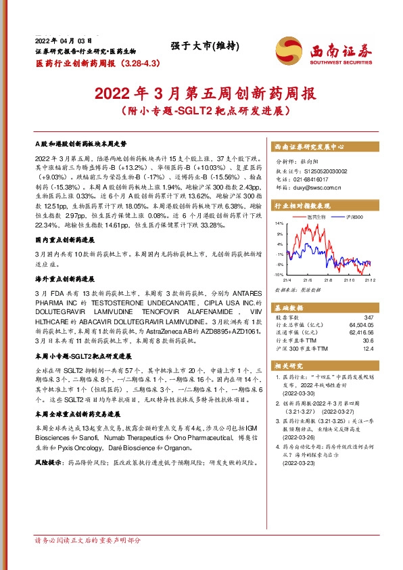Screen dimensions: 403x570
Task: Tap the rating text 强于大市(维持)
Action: click(x=201, y=47)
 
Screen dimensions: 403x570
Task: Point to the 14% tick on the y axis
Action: click(x=279, y=223)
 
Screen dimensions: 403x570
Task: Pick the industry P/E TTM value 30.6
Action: click(x=366, y=341)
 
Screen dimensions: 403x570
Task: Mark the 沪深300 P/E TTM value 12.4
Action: click(x=366, y=348)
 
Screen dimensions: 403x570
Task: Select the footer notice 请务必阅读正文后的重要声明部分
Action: click(x=88, y=541)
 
